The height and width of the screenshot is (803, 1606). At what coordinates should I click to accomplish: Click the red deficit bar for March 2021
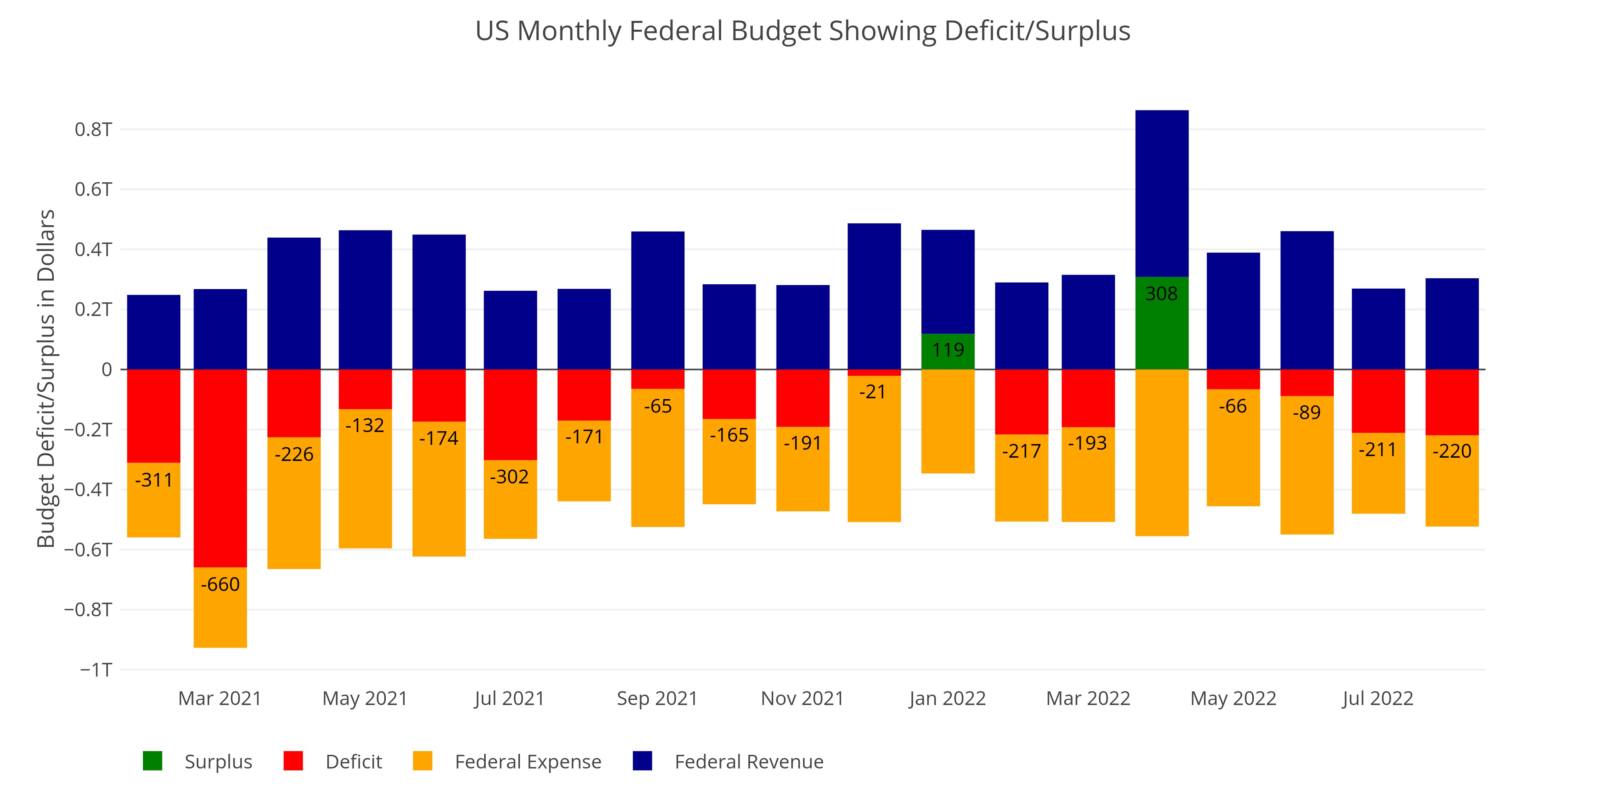220,468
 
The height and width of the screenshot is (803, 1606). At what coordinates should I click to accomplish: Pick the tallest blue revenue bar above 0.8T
1162,193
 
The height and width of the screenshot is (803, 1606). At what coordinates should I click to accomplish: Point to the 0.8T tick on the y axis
94,130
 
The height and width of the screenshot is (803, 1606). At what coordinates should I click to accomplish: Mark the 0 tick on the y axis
107,370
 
